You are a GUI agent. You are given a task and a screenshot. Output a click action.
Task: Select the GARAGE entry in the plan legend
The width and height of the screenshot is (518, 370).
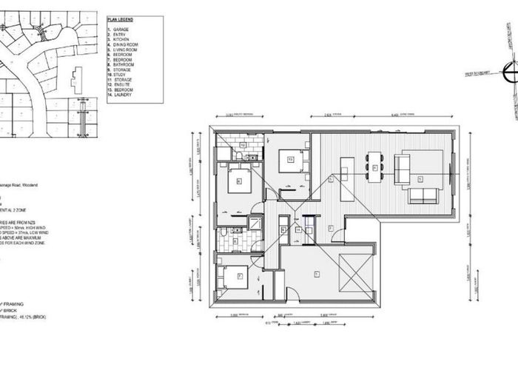pyautogui.click(x=121, y=29)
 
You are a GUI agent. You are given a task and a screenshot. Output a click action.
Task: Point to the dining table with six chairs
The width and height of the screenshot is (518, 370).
pyautogui.click(x=375, y=167)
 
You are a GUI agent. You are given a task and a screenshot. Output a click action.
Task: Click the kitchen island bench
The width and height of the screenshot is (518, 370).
pyautogui.click(x=346, y=168)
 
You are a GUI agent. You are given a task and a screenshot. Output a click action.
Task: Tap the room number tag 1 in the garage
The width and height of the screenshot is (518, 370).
pyautogui.click(x=317, y=275)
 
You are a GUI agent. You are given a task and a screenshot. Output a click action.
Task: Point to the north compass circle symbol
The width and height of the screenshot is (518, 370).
pyautogui.click(x=510, y=73)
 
